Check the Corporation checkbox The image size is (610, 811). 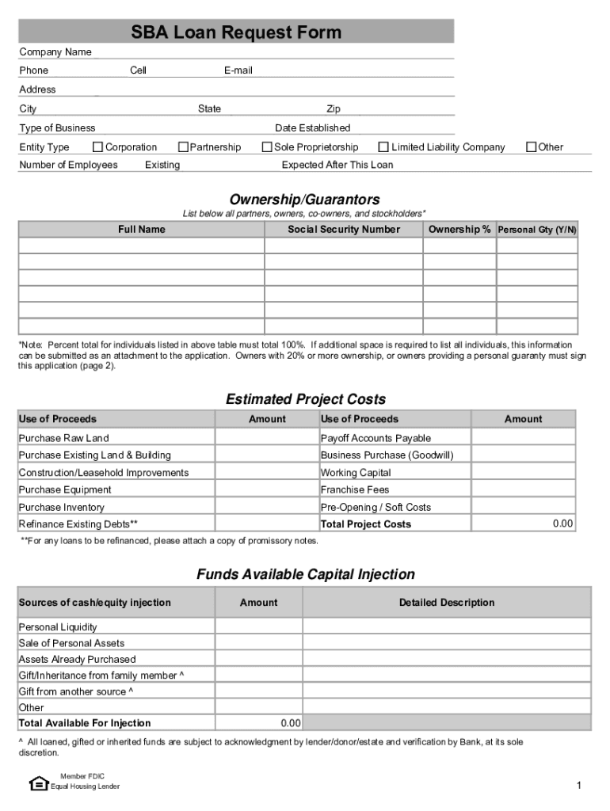point(98,147)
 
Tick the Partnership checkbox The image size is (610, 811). point(183,147)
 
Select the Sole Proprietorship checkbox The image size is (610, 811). point(267,147)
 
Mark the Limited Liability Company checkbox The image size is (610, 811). point(383,147)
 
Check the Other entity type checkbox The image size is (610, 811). point(532,147)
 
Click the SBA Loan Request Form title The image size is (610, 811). point(236,32)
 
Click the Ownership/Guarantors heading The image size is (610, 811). point(305,200)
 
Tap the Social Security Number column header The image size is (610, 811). point(344,230)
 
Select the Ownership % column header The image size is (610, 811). point(459,230)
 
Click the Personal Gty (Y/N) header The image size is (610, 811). point(537,230)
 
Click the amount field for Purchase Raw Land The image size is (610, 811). point(266,438)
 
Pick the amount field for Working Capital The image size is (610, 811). point(524,473)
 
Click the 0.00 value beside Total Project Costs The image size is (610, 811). point(562,524)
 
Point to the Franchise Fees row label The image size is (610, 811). point(355,489)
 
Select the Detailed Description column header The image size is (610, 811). point(447,603)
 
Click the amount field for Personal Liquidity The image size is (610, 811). point(258,626)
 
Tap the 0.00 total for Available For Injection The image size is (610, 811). point(290,723)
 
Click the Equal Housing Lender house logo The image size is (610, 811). point(38,783)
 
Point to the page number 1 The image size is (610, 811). point(579,785)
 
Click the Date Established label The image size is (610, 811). point(312,128)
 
